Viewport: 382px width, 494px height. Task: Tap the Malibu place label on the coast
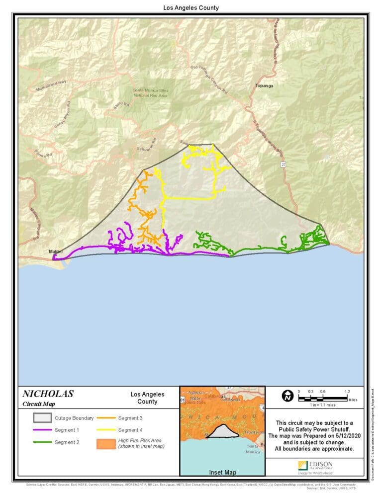(55, 252)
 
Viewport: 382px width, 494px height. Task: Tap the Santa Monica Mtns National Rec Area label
(151, 92)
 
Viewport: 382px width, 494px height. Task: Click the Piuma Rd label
(43, 155)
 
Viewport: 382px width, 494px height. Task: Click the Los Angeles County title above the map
(191, 8)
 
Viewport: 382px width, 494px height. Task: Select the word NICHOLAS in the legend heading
(48, 394)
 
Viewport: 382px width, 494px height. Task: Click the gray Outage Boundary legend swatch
(42, 418)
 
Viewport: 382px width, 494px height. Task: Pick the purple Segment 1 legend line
(42, 430)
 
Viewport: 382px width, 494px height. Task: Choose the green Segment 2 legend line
(42, 442)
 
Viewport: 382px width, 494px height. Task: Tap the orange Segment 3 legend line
(105, 418)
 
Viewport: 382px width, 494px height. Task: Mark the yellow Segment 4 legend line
(105, 430)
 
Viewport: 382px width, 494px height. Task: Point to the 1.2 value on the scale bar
(347, 392)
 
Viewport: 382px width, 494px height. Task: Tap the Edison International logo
(315, 467)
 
